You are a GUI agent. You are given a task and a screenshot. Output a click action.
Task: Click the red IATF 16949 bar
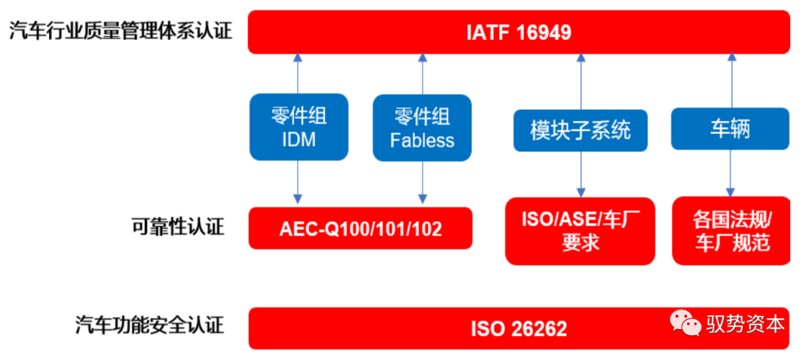tap(519, 32)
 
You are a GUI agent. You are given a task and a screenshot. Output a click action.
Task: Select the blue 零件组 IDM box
tap(298, 127)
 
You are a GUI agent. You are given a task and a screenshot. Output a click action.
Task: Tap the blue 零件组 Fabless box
tap(422, 128)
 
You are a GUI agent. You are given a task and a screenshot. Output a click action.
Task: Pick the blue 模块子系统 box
tap(580, 130)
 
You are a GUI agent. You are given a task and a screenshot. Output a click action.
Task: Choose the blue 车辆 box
tap(729, 129)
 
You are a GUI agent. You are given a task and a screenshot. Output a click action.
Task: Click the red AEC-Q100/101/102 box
tap(360, 228)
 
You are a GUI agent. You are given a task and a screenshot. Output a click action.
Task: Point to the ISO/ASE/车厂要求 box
tap(580, 231)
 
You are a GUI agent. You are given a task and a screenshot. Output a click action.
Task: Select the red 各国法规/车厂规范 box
tap(731, 231)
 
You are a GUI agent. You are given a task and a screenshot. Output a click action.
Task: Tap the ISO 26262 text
tap(519, 328)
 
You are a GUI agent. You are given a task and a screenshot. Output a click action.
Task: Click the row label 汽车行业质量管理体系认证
tap(120, 32)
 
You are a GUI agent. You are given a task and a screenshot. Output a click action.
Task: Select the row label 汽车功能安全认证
tap(150, 325)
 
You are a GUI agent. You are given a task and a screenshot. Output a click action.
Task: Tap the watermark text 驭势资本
tap(745, 324)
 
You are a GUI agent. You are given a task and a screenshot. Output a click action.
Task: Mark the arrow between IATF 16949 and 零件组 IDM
tap(298, 73)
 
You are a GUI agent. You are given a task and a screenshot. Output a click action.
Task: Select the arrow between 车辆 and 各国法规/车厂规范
tap(730, 173)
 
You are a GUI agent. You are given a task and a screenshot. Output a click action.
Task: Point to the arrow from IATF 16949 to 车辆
tap(730, 80)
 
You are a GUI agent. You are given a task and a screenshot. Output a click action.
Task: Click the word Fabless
tap(422, 141)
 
